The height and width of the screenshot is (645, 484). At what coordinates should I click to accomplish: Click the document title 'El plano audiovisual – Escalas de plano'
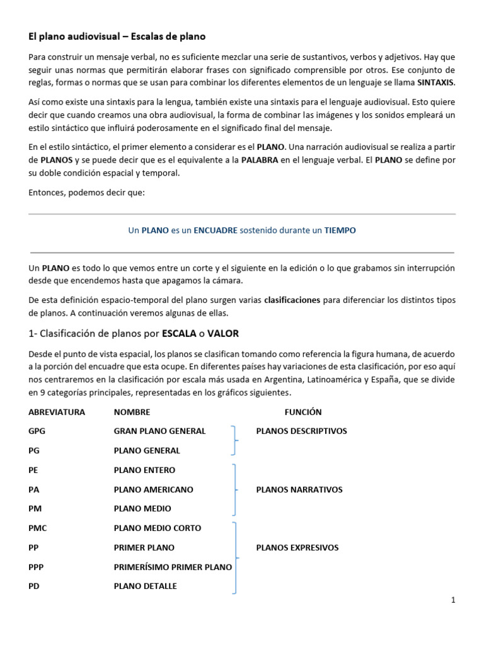coord(117,37)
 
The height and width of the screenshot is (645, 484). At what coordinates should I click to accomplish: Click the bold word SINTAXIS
coord(435,83)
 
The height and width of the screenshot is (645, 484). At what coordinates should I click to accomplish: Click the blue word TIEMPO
coord(340,231)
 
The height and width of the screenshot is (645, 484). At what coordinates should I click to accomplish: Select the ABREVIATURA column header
coord(57,412)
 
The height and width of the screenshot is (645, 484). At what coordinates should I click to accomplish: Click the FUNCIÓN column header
coord(302,412)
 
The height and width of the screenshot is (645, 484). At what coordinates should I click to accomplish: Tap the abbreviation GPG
coord(37,431)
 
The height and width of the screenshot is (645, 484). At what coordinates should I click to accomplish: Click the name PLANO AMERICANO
coord(153,489)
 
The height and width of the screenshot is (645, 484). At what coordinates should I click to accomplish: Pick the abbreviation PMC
coord(38,528)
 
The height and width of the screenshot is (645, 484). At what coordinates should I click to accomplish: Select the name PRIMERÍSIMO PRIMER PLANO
coord(173,567)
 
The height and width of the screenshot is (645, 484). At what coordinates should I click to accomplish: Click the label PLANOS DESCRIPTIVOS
coord(301,431)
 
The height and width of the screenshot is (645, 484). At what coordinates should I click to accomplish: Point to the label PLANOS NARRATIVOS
coord(299,489)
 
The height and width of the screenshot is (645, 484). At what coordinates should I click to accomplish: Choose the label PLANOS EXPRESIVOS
coord(297,547)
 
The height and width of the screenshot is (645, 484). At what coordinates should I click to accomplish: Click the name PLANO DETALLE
coord(145,586)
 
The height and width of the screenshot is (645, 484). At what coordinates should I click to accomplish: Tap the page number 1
coord(452,600)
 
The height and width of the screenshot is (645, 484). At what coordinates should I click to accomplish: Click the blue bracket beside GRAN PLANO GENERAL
coord(235,440)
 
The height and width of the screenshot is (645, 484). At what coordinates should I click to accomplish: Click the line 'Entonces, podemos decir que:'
coord(87,192)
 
